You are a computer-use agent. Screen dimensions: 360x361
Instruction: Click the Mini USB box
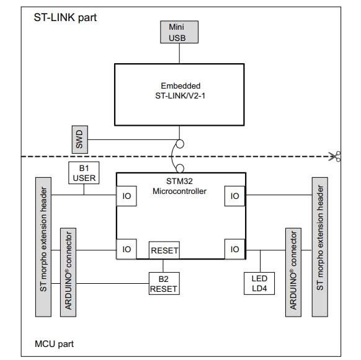[180, 32]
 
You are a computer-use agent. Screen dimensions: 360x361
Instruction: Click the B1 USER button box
[83, 174]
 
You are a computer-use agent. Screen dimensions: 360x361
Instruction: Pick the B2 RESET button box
[164, 283]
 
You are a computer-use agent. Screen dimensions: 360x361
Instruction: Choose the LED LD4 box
[259, 283]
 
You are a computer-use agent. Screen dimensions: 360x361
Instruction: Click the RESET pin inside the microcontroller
[164, 251]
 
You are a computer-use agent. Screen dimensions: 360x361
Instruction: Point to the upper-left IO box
[126, 196]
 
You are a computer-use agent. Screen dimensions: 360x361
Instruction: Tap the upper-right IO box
[234, 196]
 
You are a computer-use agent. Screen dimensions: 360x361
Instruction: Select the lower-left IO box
[126, 249]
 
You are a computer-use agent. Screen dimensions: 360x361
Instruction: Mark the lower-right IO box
[234, 249]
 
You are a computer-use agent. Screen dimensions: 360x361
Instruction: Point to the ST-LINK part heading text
[65, 17]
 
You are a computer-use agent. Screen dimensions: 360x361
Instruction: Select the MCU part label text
[56, 343]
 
